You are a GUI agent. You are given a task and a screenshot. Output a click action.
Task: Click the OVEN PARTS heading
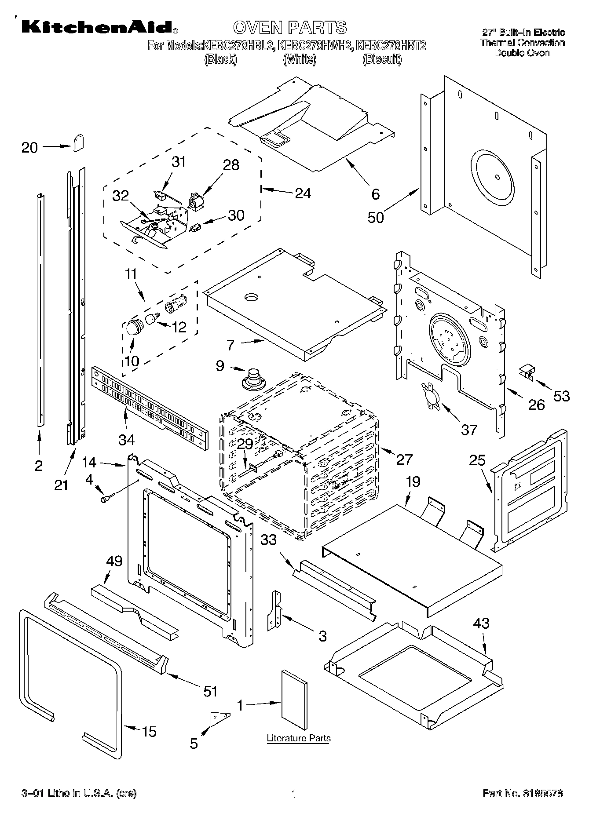coord(290,27)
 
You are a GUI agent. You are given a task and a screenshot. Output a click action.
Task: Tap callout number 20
coord(29,147)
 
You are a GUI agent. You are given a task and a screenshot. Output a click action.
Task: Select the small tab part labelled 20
coord(79,142)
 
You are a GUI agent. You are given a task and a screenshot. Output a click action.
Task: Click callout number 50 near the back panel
coord(375,217)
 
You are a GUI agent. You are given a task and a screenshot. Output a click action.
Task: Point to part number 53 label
coord(561,396)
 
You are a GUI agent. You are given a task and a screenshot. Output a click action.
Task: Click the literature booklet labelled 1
coord(294,697)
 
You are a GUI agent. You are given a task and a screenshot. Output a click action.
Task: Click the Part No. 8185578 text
coord(523,794)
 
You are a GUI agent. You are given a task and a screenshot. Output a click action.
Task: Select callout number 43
coord(481,623)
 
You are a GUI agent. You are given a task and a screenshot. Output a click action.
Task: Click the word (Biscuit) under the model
coord(382,59)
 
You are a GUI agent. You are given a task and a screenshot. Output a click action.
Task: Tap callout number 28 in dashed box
coord(231,165)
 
